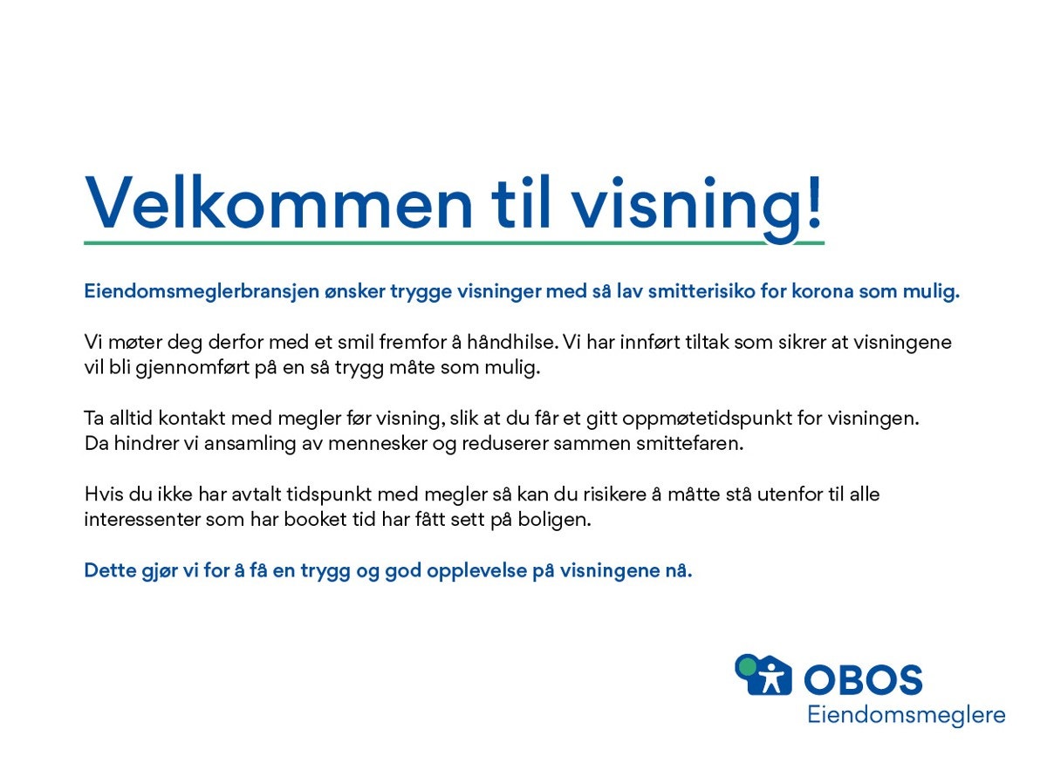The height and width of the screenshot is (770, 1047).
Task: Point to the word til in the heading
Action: point(522,203)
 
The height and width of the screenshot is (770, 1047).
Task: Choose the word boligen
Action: point(561,520)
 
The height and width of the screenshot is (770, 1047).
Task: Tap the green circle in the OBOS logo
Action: point(746,667)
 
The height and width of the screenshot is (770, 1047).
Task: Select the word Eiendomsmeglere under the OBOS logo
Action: point(906,716)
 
